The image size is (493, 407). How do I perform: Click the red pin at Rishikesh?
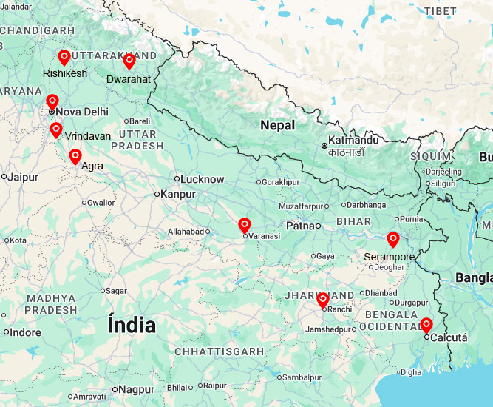tap(64, 57)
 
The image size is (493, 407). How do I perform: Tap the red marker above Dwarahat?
tap(129, 61)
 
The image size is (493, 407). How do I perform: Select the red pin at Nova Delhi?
tap(52, 101)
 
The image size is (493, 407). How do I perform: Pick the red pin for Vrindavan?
tap(56, 129)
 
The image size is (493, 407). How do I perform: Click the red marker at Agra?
tap(75, 156)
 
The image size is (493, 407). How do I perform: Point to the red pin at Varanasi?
tap(245, 225)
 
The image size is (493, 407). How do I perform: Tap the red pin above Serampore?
tap(393, 239)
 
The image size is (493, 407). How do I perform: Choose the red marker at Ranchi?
tap(323, 300)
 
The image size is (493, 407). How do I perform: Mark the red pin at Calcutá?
tap(426, 324)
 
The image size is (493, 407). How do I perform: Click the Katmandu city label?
tap(354, 140)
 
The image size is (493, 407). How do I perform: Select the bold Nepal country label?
tap(277, 126)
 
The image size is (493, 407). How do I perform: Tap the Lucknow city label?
tap(203, 179)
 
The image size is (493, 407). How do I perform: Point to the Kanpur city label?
tap(178, 194)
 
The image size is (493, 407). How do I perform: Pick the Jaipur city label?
tap(24, 177)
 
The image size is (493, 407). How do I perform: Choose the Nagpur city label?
tap(137, 389)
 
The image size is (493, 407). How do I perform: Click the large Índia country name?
tap(132, 326)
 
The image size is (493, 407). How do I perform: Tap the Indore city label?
tap(26, 332)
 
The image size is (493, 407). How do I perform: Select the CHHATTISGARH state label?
tap(219, 351)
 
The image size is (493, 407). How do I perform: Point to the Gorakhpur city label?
tap(281, 182)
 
